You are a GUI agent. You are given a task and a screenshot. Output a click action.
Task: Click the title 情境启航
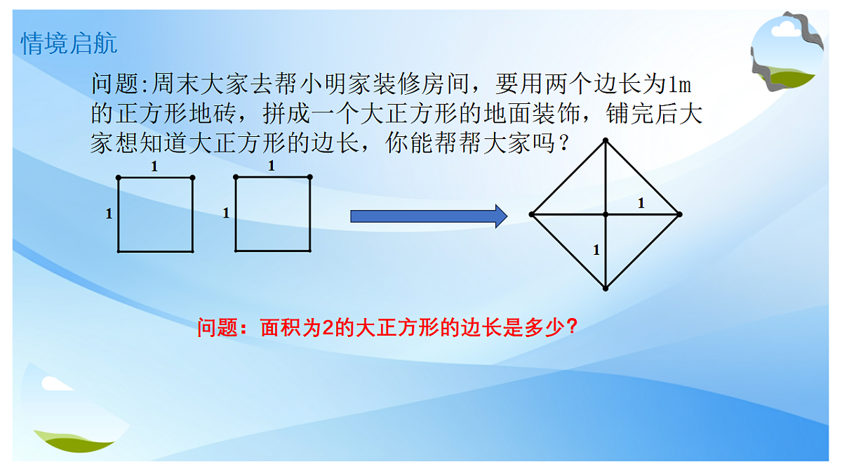tap(69, 44)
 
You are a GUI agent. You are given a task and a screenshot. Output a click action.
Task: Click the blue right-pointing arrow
tap(428, 216)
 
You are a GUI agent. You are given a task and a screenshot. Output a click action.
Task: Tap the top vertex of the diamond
tap(606, 140)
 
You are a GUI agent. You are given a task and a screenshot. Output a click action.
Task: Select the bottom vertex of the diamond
tap(606, 288)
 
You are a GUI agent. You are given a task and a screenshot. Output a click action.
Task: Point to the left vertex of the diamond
tap(532, 213)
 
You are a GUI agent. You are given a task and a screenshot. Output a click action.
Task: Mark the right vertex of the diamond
tap(679, 213)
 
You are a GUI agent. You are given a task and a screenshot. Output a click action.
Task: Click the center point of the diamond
tap(606, 213)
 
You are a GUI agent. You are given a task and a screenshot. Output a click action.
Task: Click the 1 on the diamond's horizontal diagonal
tap(640, 204)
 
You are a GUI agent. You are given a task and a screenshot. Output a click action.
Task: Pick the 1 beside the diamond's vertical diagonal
tap(596, 249)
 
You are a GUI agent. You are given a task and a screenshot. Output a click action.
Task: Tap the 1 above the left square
tap(155, 167)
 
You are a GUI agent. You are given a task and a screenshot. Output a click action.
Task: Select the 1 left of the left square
tap(109, 213)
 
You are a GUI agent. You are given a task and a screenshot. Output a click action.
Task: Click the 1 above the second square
tap(272, 166)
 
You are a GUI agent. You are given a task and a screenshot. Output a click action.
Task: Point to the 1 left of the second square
tap(226, 213)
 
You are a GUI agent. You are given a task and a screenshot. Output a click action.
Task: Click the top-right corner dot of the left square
tap(192, 178)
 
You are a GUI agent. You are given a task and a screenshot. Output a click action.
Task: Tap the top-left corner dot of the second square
tap(236, 177)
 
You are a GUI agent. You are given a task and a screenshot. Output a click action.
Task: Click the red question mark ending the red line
tap(571, 327)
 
